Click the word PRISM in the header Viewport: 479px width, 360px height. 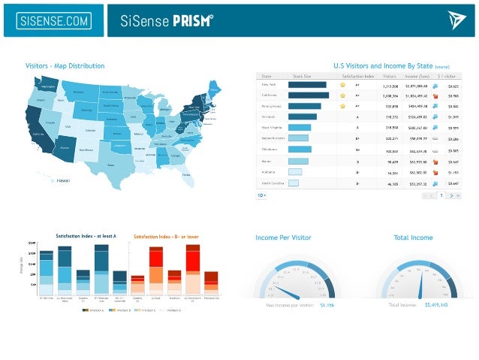point(191,20)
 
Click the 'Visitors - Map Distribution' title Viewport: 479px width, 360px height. point(65,66)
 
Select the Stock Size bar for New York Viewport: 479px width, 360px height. point(307,85)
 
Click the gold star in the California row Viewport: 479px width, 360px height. point(342,95)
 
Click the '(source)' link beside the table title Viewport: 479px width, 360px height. point(442,67)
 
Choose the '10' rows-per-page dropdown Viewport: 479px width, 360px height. point(262,195)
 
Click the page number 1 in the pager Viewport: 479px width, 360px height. point(441,195)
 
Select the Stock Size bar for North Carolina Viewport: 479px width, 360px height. point(294,183)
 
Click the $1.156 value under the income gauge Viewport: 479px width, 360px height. point(327,306)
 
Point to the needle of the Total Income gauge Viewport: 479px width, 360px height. point(420,284)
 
